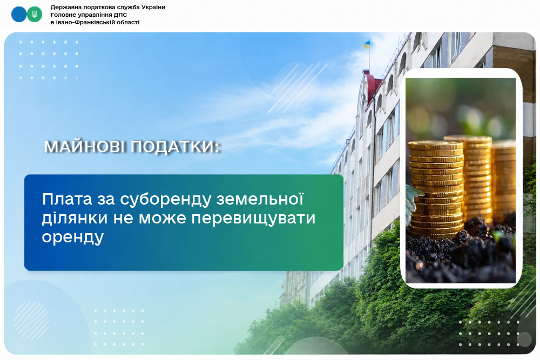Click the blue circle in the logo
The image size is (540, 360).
point(18,15)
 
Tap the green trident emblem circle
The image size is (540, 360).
point(35,15)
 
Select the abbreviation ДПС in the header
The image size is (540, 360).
point(120,15)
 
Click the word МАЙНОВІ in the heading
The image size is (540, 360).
point(84,147)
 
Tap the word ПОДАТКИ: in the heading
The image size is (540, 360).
point(175,147)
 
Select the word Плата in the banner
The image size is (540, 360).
point(67,199)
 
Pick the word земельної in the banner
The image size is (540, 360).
point(260,199)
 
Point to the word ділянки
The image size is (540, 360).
point(75,218)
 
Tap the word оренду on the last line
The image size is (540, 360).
point(73,237)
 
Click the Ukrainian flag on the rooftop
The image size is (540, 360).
point(367,44)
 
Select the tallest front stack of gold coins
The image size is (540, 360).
point(436,190)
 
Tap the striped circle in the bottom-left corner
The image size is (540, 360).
point(32,320)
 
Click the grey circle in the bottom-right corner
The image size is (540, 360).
point(524,339)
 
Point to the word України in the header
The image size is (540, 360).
point(153,7)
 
